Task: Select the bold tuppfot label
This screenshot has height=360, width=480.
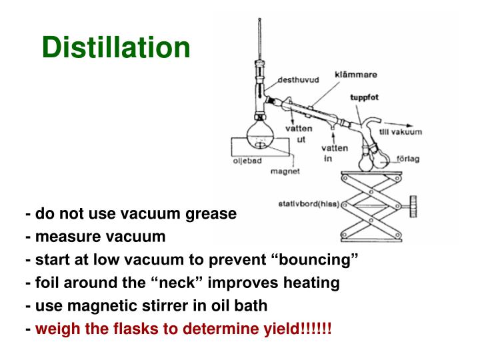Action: tap(365, 97)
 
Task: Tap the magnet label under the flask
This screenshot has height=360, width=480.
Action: tap(285, 171)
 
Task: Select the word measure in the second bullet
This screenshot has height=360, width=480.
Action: tap(63, 237)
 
